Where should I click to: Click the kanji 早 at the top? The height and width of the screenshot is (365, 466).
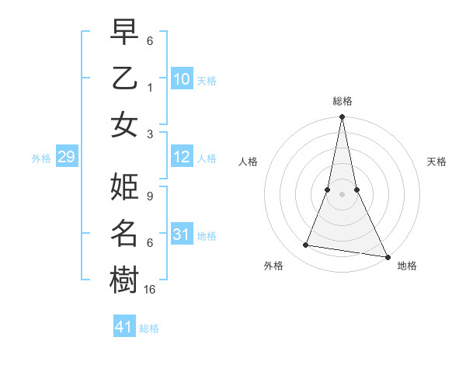[124, 33]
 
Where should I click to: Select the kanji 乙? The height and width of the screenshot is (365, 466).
[124, 78]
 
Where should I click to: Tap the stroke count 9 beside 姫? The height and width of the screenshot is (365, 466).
[149, 196]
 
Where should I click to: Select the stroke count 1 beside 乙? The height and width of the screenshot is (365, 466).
[149, 87]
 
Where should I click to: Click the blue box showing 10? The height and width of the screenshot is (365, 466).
[182, 79]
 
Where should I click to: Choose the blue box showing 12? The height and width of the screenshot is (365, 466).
[182, 158]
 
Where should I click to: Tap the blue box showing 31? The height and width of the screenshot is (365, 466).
[182, 234]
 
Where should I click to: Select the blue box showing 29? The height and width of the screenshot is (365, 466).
[66, 158]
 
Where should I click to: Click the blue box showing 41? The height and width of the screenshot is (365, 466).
[124, 327]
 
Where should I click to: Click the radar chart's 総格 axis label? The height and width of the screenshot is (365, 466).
[343, 101]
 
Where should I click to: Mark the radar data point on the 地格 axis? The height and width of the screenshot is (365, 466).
[388, 256]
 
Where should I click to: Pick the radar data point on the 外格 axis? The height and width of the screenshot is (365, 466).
[306, 245]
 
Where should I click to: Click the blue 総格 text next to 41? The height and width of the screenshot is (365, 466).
[149, 328]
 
